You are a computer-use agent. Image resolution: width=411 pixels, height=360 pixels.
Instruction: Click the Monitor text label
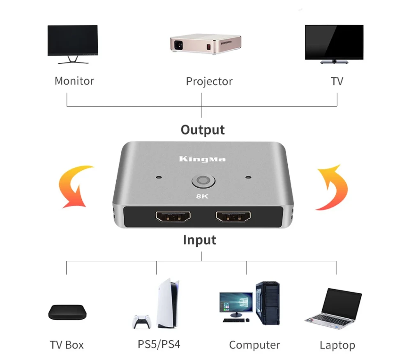pos(74,81)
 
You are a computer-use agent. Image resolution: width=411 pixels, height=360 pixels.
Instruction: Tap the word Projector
pos(209,81)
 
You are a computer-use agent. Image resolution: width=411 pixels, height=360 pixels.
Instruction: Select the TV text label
pos(337,81)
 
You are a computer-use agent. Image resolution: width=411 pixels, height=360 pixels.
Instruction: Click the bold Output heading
pos(203,130)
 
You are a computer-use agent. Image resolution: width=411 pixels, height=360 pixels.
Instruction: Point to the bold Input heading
pos(199,239)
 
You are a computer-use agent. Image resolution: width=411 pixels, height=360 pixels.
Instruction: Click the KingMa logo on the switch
pos(202,159)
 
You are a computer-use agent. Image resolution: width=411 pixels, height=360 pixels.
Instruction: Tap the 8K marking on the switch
pos(202,196)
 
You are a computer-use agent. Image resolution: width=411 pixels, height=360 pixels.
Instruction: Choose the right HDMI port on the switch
pos(233,216)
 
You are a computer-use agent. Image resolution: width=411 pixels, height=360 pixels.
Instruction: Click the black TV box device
pos(67,312)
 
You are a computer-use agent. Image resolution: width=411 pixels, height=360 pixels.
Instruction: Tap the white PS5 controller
pos(141,321)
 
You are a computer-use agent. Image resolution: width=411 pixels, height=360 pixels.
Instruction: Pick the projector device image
pos(205,42)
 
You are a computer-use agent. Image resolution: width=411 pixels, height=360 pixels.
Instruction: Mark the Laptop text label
pos(337,345)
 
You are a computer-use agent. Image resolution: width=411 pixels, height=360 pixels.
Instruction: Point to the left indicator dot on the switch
pos(159,179)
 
